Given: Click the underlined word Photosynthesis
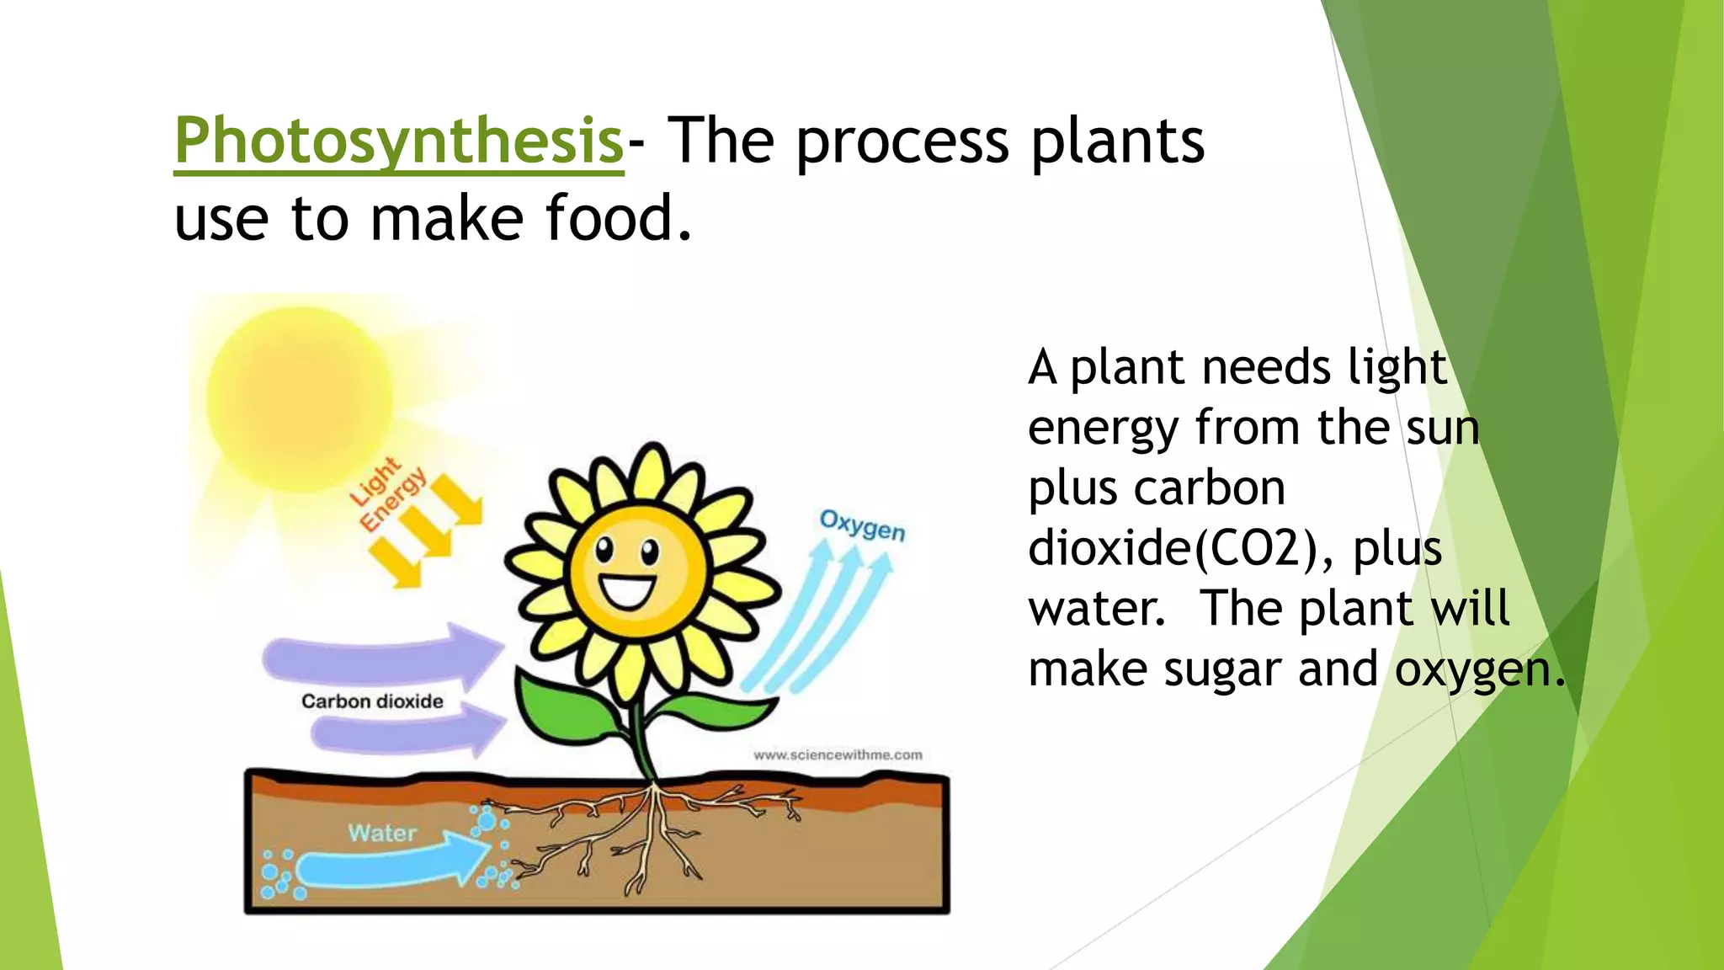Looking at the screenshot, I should tap(398, 141).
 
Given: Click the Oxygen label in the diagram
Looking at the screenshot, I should tap(862, 525).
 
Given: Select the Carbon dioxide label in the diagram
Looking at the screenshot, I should tap(372, 701).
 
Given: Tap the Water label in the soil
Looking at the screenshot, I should tap(382, 833).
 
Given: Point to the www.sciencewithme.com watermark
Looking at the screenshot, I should tap(838, 755).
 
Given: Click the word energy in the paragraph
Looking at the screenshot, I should tap(1102, 428).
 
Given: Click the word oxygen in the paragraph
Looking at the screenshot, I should tap(1478, 670).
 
